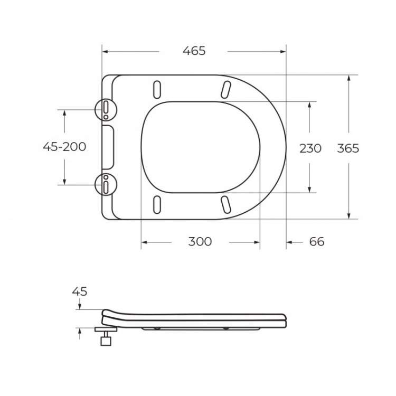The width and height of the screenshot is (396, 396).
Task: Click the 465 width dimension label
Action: [x=194, y=51]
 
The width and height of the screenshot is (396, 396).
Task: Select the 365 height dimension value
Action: [x=348, y=148]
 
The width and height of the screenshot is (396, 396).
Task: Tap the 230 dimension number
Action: [x=310, y=148]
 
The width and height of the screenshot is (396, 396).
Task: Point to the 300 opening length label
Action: [x=200, y=242]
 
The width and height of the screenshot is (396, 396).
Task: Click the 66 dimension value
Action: [x=316, y=242]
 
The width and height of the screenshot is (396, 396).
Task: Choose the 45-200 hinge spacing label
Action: [x=64, y=147]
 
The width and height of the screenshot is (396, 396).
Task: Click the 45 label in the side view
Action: [x=79, y=291]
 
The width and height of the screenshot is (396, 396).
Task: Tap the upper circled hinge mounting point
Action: [x=106, y=109]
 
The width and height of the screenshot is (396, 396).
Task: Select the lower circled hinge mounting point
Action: [x=106, y=184]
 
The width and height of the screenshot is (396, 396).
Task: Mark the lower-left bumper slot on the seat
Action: [x=157, y=204]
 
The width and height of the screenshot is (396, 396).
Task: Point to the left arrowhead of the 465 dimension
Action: [x=104, y=52]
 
